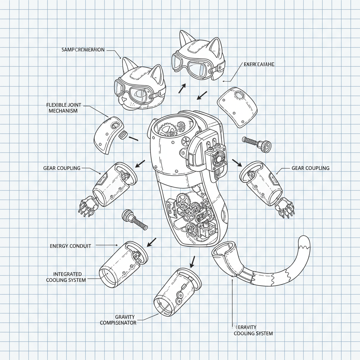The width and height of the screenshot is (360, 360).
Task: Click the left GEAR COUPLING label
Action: coord(62,168)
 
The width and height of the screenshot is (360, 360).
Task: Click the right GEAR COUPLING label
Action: coord(310,168)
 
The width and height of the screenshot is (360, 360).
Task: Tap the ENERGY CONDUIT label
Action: coord(71,246)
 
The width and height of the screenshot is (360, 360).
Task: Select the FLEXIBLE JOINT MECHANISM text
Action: coord(62,108)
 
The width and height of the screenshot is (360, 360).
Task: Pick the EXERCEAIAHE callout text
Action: coord(259,64)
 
